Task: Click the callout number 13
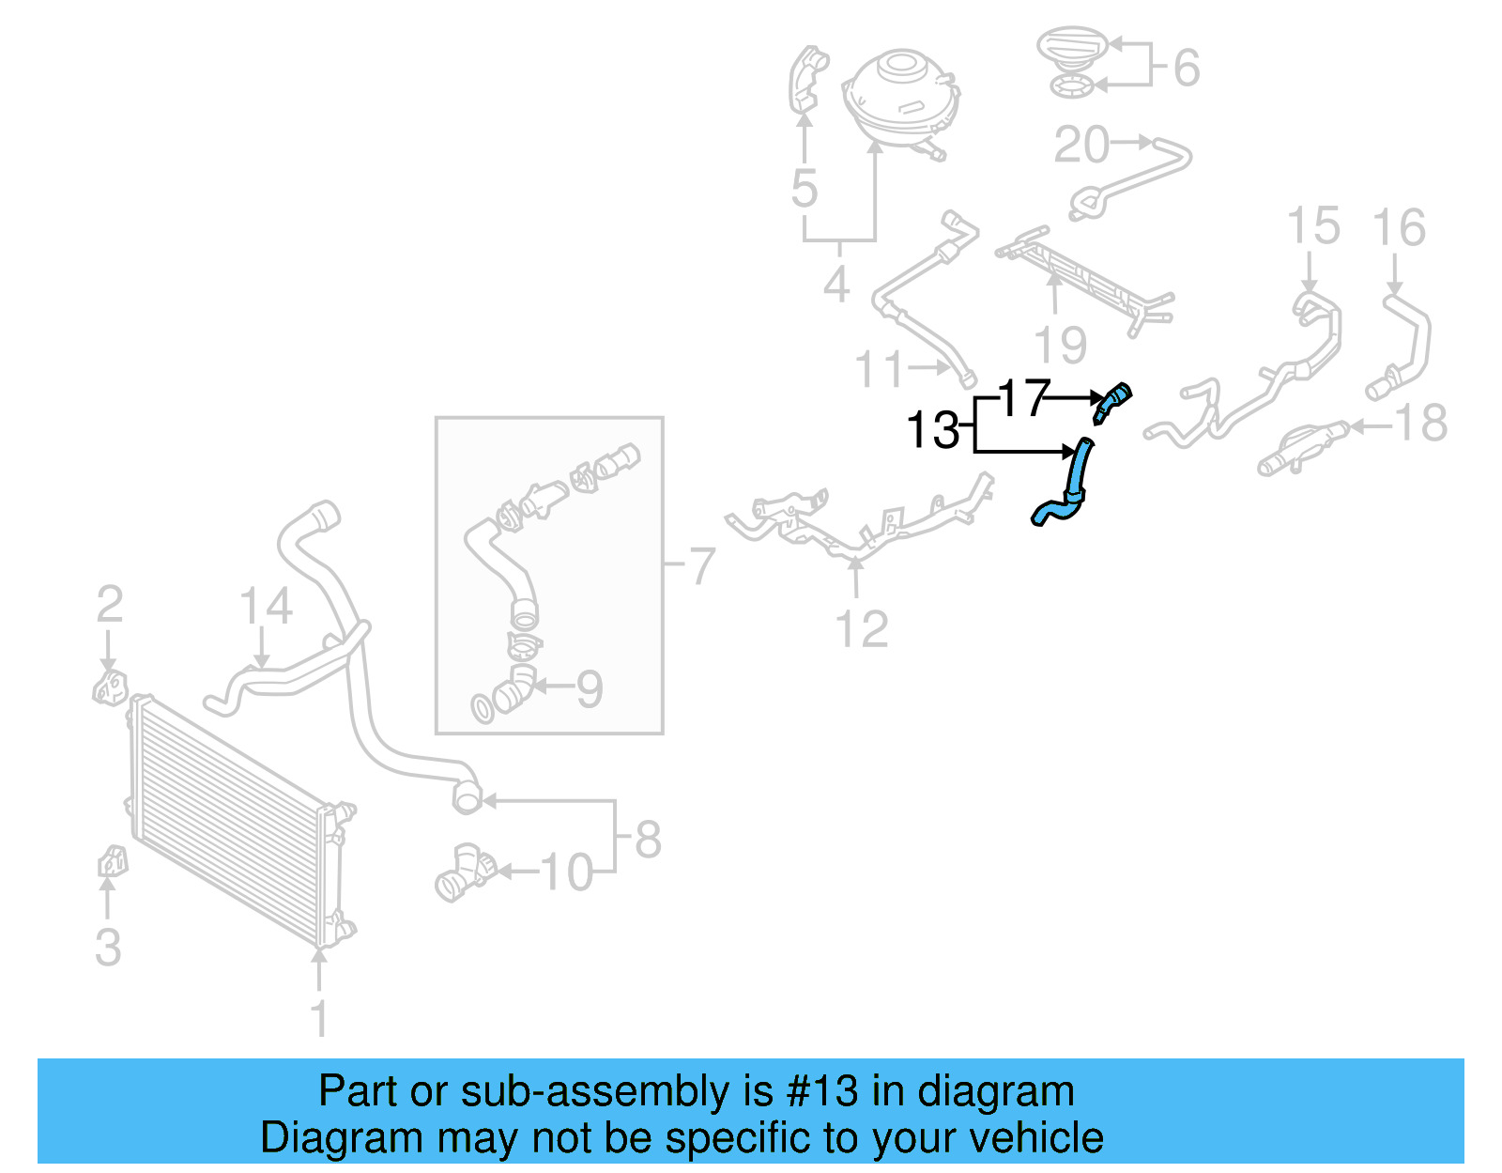pos(931,431)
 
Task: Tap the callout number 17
pos(1022,398)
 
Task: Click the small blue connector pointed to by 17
pos(1112,401)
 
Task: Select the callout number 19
pos(1060,345)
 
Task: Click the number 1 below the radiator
pos(319,1018)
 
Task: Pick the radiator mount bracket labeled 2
pos(109,688)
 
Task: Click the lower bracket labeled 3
pos(112,861)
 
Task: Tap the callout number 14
pos(266,607)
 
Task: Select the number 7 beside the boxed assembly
pos(701,565)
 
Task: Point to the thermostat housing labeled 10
pos(464,871)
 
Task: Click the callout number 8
pos(648,839)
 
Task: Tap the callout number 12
pos(861,628)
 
